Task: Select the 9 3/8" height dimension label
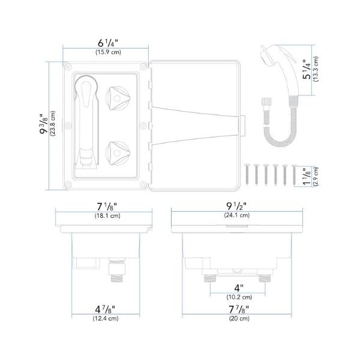tap(44, 127)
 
